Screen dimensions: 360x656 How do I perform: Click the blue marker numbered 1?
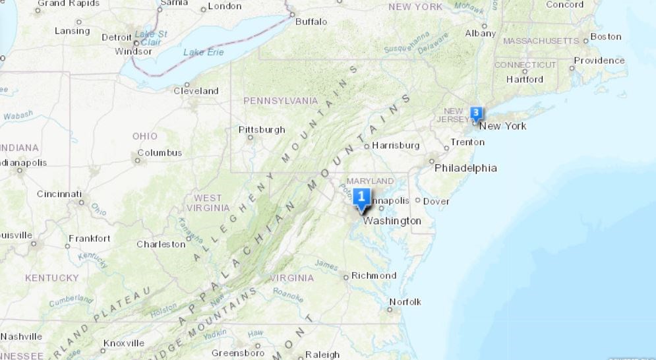pos(361,197)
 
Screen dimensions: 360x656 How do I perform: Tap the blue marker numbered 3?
pos(476,112)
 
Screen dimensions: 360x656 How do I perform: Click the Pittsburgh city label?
pos(262,129)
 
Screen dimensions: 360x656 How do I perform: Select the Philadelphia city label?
pos(465,168)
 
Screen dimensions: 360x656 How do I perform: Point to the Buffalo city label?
pos(311,22)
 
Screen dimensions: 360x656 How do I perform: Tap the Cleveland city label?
pos(196,91)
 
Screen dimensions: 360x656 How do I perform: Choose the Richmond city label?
pos(374,276)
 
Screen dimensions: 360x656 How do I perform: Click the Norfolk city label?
pos(405,302)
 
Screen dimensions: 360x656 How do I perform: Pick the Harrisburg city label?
pos(396,145)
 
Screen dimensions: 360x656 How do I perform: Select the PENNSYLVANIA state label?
pos(280,101)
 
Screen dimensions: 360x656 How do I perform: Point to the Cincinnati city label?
pos(59,194)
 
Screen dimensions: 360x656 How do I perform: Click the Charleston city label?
pos(161,245)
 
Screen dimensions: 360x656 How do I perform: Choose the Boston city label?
pos(606,37)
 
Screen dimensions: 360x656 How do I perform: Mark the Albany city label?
pos(480,33)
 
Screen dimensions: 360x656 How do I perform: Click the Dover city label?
pos(436,201)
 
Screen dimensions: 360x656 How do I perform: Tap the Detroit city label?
pos(117,38)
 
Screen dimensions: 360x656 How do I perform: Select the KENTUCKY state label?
pos(51,278)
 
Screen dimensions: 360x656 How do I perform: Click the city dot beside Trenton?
pos(446,146)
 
